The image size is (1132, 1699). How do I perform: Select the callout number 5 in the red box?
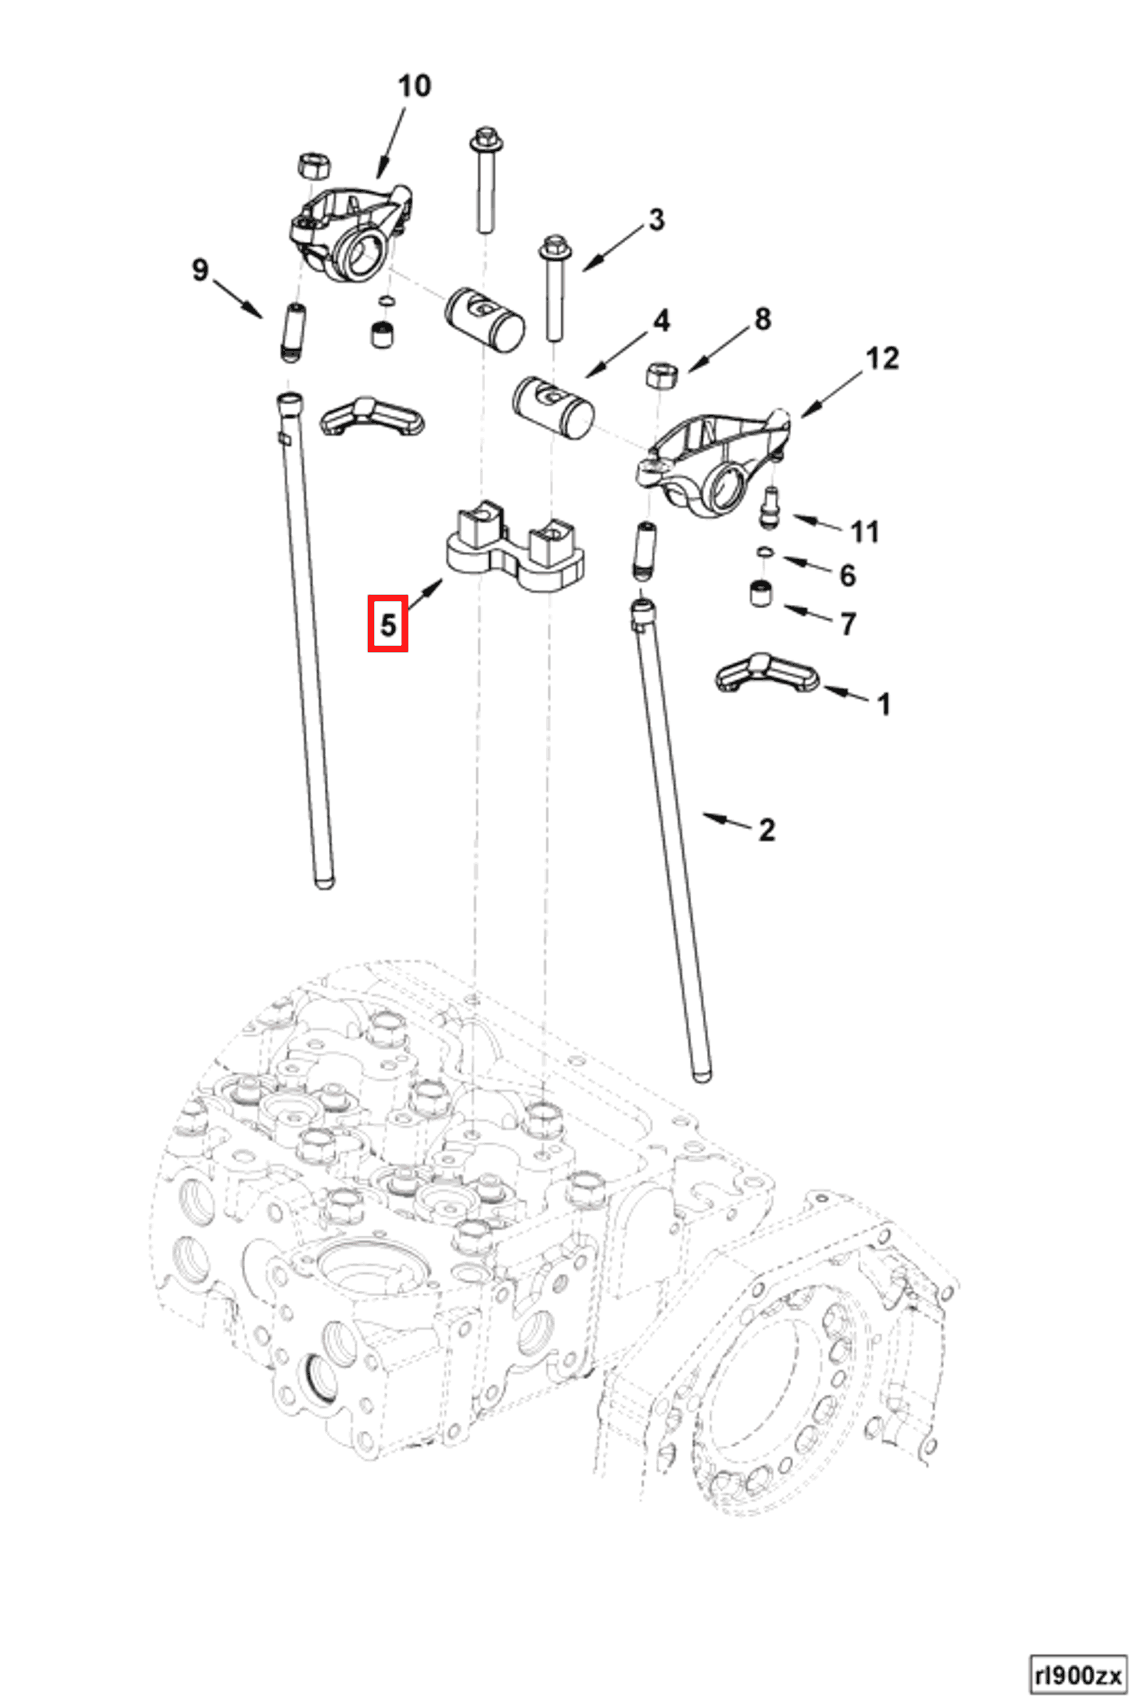388,624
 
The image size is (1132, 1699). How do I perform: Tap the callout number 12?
882,358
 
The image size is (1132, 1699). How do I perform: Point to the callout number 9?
200,271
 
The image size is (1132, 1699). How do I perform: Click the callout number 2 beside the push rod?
767,831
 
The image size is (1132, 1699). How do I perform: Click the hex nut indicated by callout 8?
660,375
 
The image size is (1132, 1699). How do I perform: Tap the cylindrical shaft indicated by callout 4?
554,406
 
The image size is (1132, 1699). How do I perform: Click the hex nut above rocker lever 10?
313,166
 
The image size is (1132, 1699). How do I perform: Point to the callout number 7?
849,624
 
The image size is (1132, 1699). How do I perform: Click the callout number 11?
865,533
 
